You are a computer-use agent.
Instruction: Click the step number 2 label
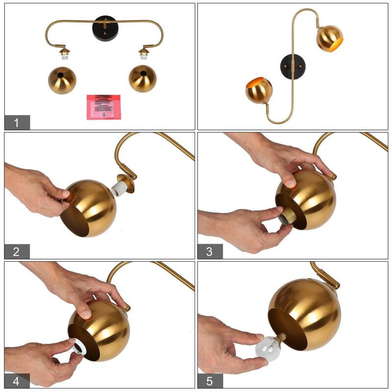(x=17, y=251)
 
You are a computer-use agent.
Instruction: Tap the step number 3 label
(x=210, y=251)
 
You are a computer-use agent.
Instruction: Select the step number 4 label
(x=17, y=381)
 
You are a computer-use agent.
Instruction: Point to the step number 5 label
(x=210, y=381)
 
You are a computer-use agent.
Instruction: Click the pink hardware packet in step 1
(x=103, y=106)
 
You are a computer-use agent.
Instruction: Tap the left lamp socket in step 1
(x=63, y=53)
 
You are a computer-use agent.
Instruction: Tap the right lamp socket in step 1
(x=144, y=53)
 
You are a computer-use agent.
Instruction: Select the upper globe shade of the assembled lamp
(x=329, y=39)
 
